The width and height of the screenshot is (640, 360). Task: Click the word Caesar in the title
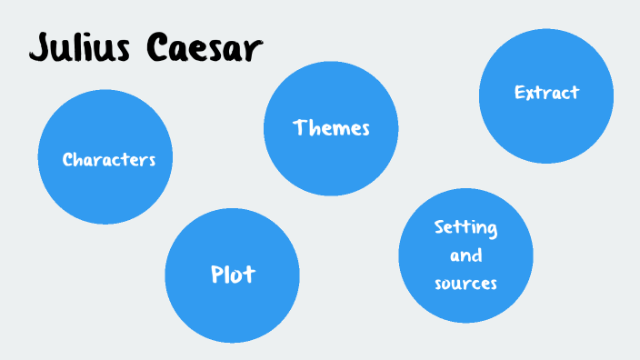coord(200,47)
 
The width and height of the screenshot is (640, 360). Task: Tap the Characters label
coord(109,160)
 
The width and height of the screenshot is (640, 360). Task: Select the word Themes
coord(331,128)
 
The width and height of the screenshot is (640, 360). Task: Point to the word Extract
coord(546,93)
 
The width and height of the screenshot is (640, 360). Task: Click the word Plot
coord(233,274)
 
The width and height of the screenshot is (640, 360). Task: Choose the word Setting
coord(465,227)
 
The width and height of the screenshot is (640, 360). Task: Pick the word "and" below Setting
coord(465,255)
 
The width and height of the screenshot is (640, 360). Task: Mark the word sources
coord(465,283)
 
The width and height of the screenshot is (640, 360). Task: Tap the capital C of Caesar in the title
coord(156,47)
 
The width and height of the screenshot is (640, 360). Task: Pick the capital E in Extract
coord(519,93)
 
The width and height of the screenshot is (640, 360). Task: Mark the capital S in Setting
coord(439,226)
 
